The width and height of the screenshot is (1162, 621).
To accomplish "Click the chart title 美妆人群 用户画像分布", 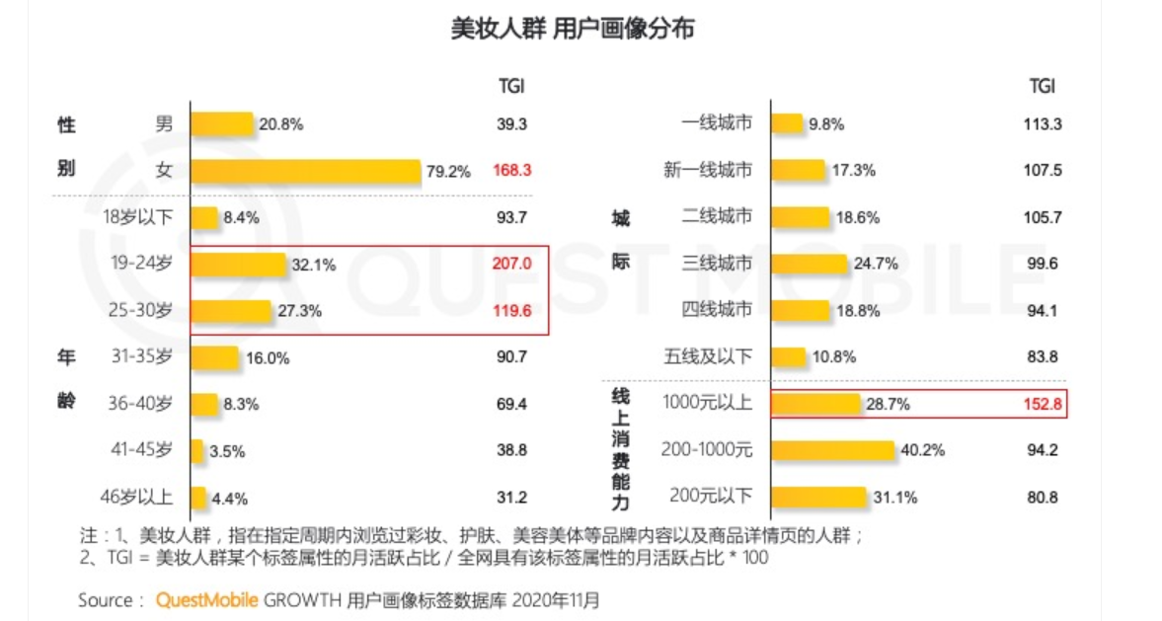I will pyautogui.click(x=573, y=30).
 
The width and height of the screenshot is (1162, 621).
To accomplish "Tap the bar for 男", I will pyautogui.click(x=222, y=124).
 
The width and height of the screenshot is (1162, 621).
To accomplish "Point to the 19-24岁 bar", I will pyautogui.click(x=239, y=265).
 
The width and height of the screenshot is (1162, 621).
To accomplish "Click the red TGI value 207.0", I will pyautogui.click(x=511, y=265).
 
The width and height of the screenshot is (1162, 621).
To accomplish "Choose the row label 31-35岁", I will pyautogui.click(x=141, y=357).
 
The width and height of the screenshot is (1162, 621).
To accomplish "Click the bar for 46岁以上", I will pyautogui.click(x=198, y=498).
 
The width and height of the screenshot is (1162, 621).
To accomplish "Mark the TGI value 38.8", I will pyautogui.click(x=511, y=451).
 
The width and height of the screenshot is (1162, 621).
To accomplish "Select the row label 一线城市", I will pyautogui.click(x=717, y=124).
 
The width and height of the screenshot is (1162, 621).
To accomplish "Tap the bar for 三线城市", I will pyautogui.click(x=809, y=264).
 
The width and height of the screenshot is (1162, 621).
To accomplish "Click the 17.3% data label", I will pyautogui.click(x=855, y=171).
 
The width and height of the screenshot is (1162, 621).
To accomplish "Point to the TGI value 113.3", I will pyautogui.click(x=1043, y=124).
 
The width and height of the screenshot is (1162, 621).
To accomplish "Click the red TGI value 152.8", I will pyautogui.click(x=1043, y=404).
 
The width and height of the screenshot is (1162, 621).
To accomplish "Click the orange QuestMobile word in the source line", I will pyautogui.click(x=207, y=600).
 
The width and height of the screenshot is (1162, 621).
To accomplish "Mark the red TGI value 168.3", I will pyautogui.click(x=511, y=171).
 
